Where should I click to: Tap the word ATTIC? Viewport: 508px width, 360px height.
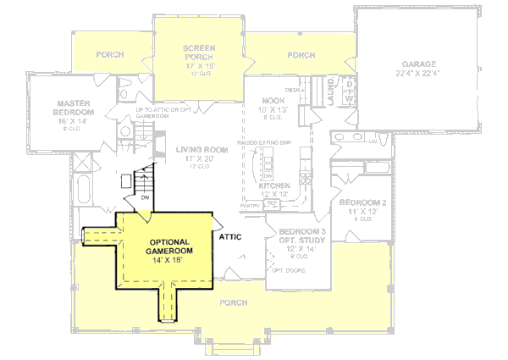pyautogui.click(x=233, y=238)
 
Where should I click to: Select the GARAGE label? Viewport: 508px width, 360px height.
pyautogui.click(x=419, y=64)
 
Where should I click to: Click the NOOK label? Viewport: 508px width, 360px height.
pyautogui.click(x=272, y=100)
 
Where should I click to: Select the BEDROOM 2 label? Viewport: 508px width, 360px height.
pyautogui.click(x=362, y=202)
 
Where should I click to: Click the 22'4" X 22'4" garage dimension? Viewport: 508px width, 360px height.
pyautogui.click(x=419, y=74)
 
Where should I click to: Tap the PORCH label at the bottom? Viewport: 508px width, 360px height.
pyautogui.click(x=233, y=302)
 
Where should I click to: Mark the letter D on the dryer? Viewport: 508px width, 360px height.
pyautogui.click(x=347, y=84)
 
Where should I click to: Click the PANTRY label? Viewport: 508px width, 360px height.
pyautogui.click(x=251, y=205)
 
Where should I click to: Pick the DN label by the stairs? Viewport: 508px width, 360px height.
pyautogui.click(x=145, y=198)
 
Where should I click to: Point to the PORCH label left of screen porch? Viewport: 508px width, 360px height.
pyautogui.click(x=109, y=55)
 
